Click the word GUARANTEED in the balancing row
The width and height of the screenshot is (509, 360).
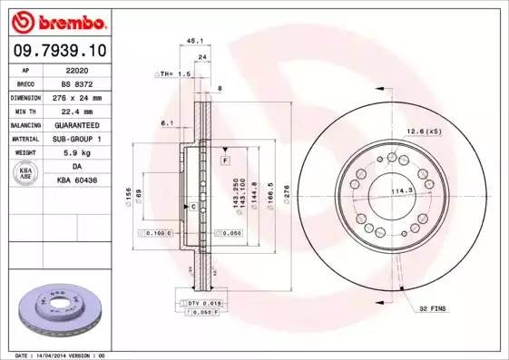click(78, 124)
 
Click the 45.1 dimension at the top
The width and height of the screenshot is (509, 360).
click(192, 40)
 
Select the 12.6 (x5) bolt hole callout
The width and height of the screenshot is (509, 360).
click(424, 131)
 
